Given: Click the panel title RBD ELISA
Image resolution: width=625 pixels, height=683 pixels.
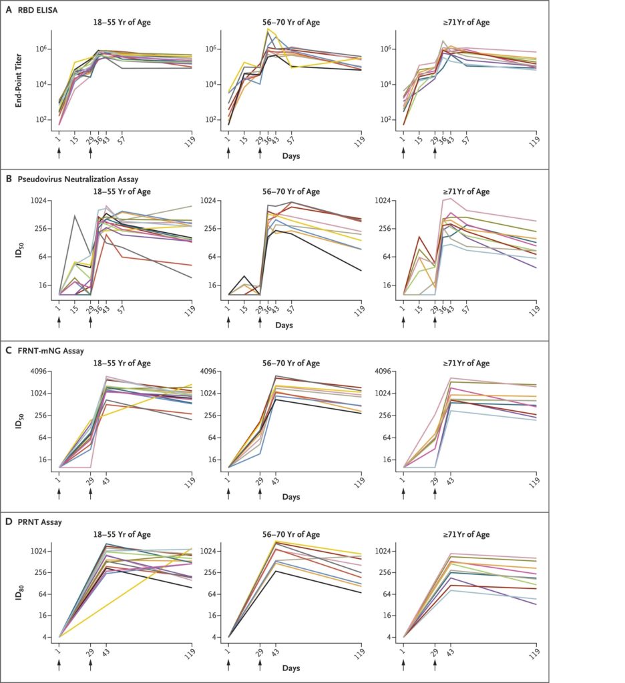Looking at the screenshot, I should click(x=39, y=9).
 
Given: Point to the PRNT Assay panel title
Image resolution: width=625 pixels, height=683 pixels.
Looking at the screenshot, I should click(x=39, y=522).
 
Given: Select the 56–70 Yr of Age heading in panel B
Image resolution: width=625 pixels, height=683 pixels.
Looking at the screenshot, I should click(x=294, y=192).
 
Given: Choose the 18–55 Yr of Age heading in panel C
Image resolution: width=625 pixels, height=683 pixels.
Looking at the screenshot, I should click(x=121, y=364).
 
